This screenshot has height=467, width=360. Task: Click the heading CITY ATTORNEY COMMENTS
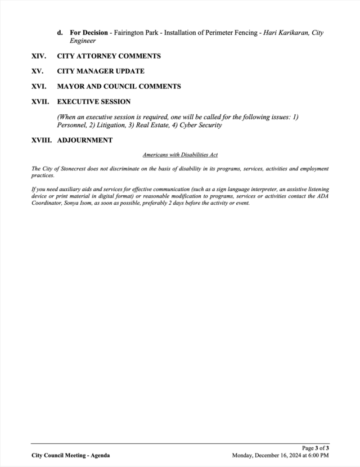coord(109,56)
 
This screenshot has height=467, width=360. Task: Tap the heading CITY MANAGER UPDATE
coord(101,71)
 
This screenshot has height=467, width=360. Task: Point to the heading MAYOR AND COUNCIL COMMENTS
coord(119,87)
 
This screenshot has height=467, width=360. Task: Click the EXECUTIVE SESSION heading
coord(93,102)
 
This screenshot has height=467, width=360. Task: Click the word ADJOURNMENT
coord(84,140)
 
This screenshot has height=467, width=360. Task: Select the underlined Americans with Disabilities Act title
coord(180,154)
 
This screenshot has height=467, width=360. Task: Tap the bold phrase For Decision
coord(89,33)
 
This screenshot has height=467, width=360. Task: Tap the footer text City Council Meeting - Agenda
coord(71,455)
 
